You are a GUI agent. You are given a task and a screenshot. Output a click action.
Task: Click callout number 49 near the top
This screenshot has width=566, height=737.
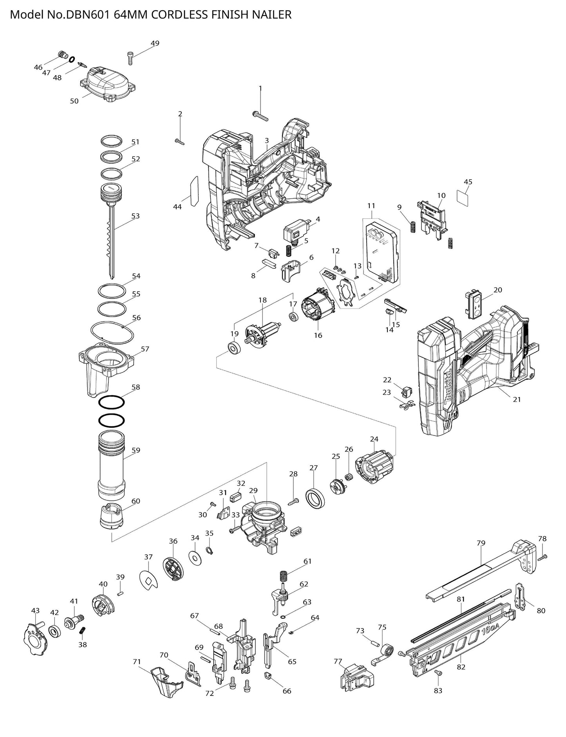(x=155, y=43)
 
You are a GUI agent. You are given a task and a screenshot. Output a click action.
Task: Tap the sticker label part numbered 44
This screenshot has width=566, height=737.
(x=194, y=191)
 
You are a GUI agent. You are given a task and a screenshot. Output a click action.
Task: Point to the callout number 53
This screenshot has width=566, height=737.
(x=135, y=216)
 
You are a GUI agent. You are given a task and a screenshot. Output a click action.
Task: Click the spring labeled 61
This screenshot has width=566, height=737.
(x=284, y=577)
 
